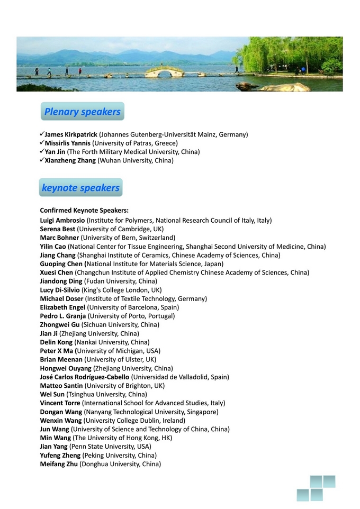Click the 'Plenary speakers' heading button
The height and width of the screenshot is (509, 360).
click(x=82, y=112)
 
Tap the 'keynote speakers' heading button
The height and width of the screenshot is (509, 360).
click(x=80, y=188)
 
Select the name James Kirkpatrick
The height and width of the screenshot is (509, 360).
click(x=71, y=135)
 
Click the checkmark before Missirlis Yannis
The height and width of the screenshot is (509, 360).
click(x=42, y=143)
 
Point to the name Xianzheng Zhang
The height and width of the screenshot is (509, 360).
click(x=70, y=160)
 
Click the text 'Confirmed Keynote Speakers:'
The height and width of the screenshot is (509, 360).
click(x=80, y=210)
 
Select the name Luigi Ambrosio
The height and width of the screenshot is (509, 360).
click(x=62, y=220)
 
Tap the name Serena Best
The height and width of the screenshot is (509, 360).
click(x=58, y=229)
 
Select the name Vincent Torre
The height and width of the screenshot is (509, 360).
click(x=60, y=403)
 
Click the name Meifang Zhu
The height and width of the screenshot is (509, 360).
click(x=59, y=464)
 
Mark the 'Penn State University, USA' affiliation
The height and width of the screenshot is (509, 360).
click(x=110, y=447)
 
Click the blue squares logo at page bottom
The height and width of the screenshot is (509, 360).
click(x=316, y=488)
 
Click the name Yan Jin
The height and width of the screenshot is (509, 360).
click(x=55, y=152)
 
